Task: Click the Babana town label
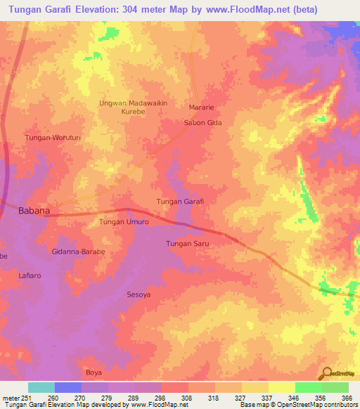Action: [33, 210]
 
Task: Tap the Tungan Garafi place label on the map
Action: [179, 202]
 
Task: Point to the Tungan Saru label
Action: [188, 243]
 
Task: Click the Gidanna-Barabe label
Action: [78, 252]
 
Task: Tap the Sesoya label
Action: [139, 294]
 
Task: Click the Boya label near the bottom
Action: [94, 372]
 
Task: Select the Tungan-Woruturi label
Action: [53, 138]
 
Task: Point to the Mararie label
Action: [200, 108]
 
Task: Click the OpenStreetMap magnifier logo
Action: [326, 373]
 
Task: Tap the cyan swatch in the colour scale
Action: [41, 387]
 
